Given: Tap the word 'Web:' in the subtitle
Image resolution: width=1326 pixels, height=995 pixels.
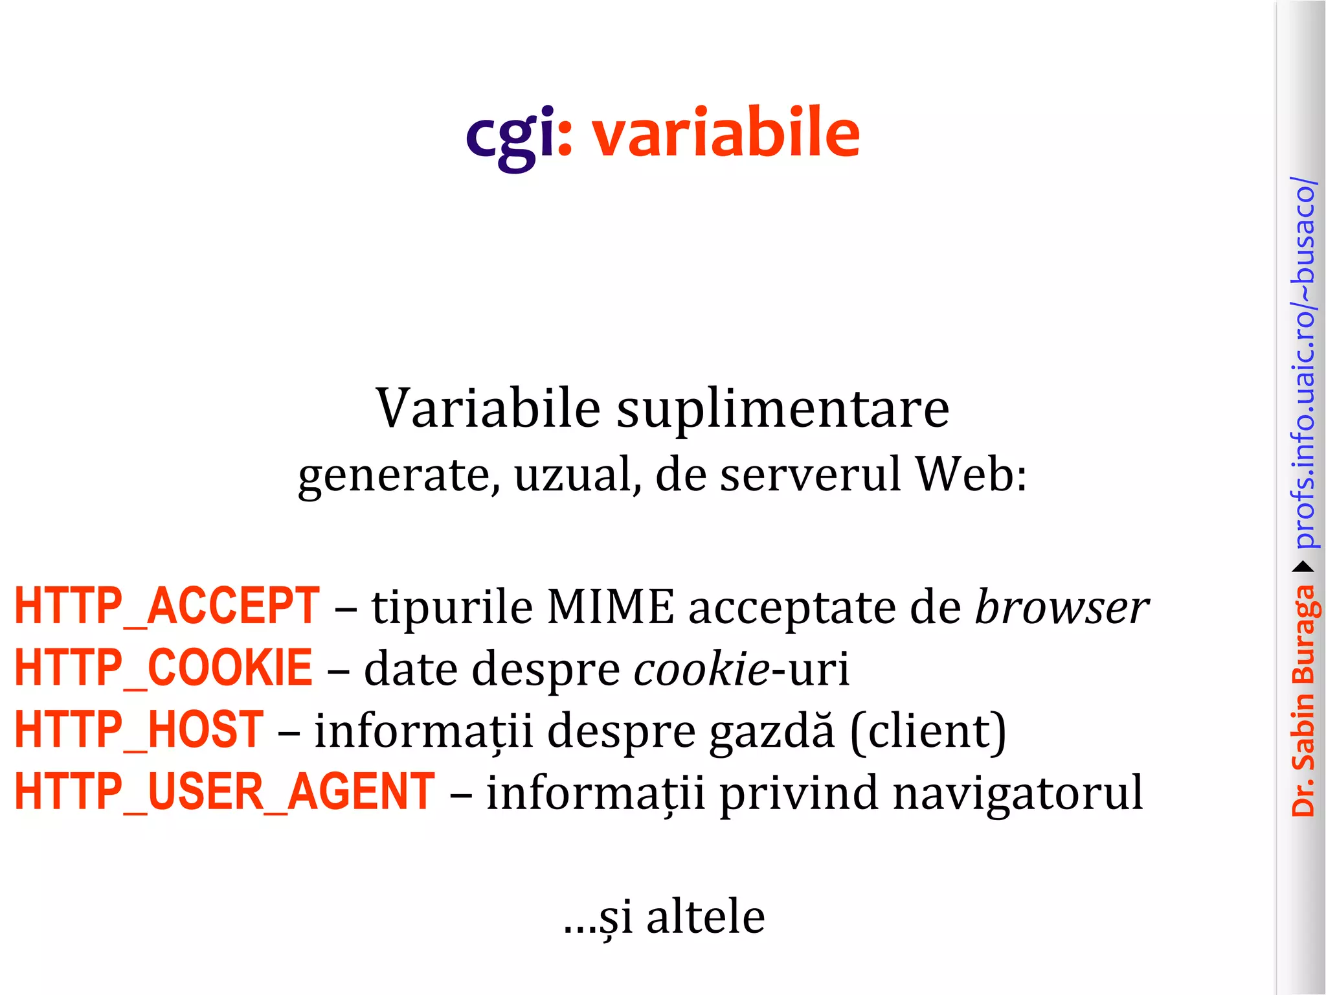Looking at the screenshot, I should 971,474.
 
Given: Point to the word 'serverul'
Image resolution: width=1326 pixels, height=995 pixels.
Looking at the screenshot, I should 811,474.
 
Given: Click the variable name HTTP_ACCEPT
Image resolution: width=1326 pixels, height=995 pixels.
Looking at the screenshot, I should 167,606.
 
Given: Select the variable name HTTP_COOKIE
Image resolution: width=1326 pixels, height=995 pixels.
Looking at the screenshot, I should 164,668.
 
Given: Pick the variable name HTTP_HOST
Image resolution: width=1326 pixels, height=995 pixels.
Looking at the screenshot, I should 139,730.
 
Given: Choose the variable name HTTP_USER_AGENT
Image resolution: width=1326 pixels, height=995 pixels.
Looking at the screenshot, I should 225,792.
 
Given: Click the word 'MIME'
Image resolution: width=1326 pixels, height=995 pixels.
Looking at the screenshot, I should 610,607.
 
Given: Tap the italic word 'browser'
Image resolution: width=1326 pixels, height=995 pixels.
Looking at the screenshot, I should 1062,607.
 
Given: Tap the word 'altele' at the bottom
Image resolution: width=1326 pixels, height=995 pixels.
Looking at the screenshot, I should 705,917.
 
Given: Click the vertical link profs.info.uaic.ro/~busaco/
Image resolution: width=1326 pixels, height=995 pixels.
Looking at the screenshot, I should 1303,362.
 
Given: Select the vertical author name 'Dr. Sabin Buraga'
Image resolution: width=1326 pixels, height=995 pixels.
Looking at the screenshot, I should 1303,700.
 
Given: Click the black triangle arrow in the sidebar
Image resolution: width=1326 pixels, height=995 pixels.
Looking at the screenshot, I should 1303,567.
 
